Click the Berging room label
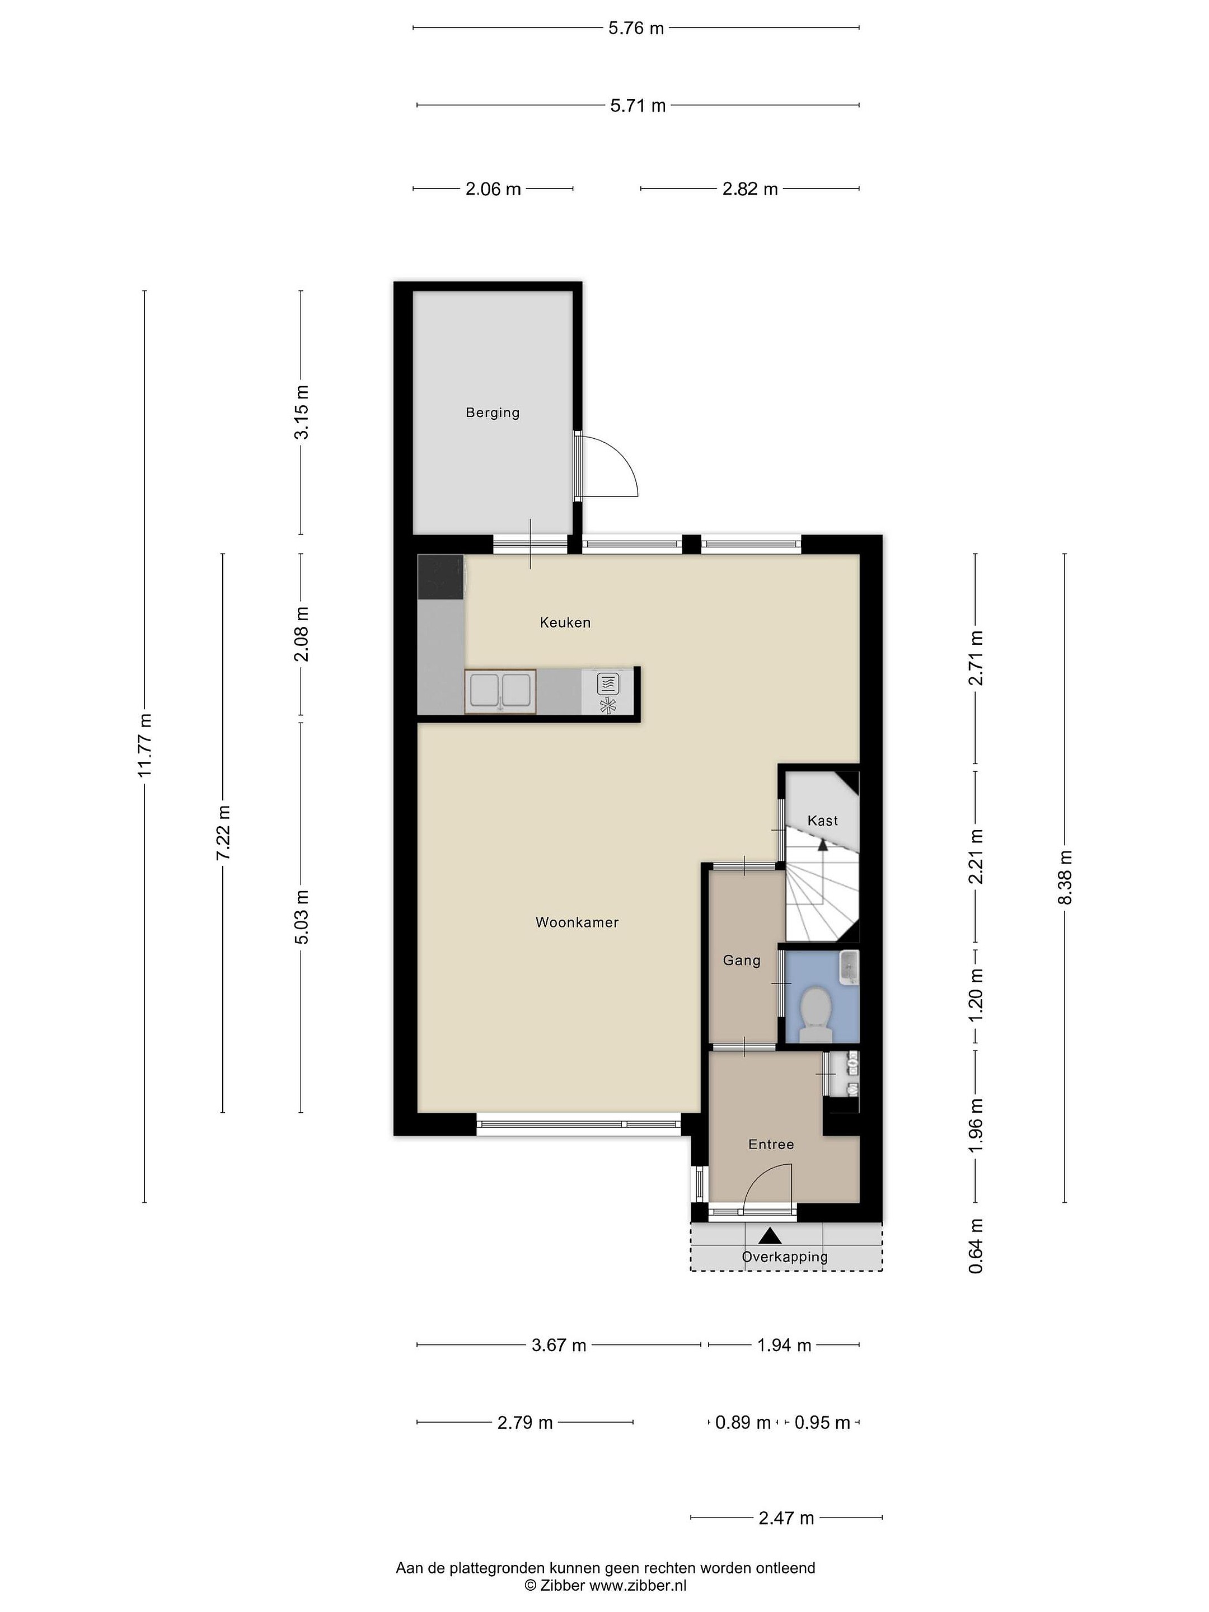tap(493, 413)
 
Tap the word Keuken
tap(565, 622)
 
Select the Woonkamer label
tap(577, 922)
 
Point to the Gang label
tap(741, 960)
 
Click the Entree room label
tap(771, 1144)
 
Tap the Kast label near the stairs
tap(822, 821)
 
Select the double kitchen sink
tap(500, 691)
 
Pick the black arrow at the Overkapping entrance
tap(770, 1236)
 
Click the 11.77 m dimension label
tap(144, 745)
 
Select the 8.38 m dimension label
tap(1065, 878)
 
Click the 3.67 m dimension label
tap(559, 1345)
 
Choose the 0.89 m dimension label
tap(743, 1422)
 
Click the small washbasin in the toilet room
tap(849, 968)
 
